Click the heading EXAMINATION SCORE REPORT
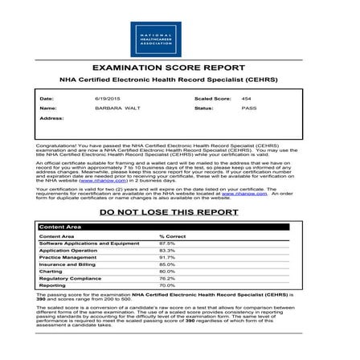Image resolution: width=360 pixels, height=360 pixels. click(180, 68)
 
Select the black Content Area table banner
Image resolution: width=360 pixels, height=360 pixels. click(180, 227)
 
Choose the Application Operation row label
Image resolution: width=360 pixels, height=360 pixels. click(70, 250)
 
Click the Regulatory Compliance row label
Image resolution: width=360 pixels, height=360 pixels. click(70, 278)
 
